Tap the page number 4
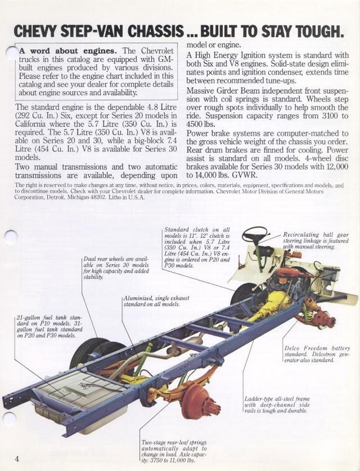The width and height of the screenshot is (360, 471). pos(18,459)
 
